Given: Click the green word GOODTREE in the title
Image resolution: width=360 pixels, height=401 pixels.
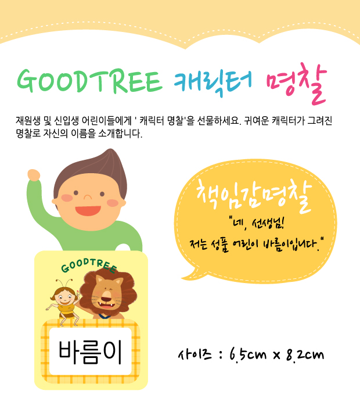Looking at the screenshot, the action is [x=89, y=81].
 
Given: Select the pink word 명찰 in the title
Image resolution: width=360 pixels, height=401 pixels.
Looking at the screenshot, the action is [x=297, y=84].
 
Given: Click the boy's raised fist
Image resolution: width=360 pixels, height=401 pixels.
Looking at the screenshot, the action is [x=34, y=175].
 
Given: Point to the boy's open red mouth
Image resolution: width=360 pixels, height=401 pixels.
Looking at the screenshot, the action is [x=88, y=211].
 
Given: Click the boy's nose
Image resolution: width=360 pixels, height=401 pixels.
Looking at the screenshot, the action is [x=88, y=197].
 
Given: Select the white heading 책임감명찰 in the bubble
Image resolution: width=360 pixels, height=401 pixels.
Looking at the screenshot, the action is [x=254, y=197].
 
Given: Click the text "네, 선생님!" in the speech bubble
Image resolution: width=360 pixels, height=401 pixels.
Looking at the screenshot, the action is [x=257, y=224].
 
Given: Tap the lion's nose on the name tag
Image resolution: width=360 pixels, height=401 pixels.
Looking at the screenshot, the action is [x=106, y=299].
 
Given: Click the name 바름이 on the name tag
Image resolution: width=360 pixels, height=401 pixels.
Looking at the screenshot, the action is [x=90, y=352].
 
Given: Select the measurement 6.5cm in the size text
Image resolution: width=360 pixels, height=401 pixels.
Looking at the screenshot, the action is [x=248, y=355].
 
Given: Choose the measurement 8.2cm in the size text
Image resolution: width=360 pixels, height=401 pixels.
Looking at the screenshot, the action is [x=305, y=355].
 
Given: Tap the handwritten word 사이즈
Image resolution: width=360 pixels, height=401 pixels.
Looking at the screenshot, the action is [x=195, y=355].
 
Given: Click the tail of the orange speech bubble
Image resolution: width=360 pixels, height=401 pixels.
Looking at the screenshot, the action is [x=190, y=274].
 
